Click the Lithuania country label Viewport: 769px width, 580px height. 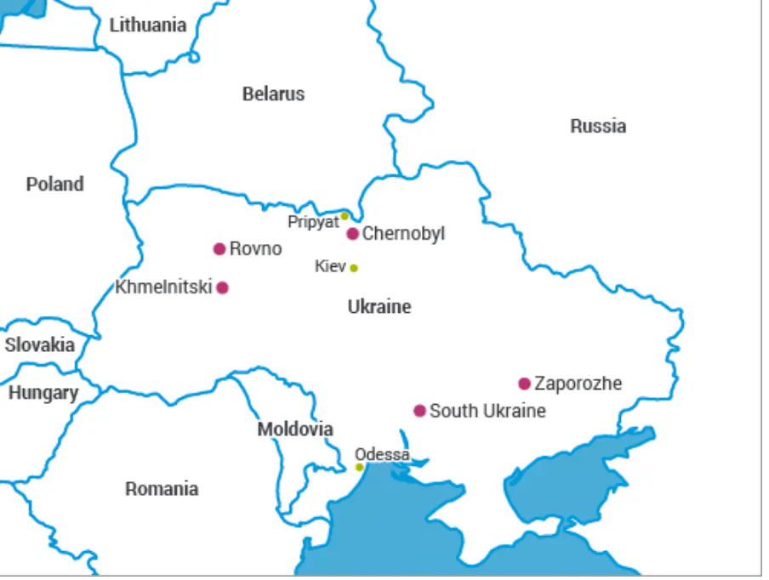click(147, 26)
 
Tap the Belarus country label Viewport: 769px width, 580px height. click(273, 94)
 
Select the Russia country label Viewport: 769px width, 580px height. click(598, 127)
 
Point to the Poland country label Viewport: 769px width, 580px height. click(54, 185)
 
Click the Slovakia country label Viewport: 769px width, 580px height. click(39, 345)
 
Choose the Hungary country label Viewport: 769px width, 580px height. click(43, 393)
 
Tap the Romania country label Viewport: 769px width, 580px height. click(162, 489)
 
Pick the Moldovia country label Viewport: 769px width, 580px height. click(295, 429)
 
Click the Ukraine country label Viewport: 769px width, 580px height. click(379, 307)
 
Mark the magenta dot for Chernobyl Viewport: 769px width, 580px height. click(352, 234)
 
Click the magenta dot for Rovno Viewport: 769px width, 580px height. click(219, 249)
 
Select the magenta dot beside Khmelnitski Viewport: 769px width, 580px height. click(222, 287)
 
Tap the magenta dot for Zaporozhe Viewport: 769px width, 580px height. click(524, 384)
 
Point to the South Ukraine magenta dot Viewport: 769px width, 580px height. click(419, 411)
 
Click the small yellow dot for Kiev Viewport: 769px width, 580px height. click(354, 268)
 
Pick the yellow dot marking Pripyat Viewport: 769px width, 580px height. click(345, 216)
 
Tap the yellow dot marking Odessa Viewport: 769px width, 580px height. click(359, 467)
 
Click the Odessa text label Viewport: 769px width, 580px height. click(382, 454)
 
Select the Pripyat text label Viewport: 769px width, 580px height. click(313, 222)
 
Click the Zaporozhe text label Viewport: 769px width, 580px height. click(578, 384)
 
